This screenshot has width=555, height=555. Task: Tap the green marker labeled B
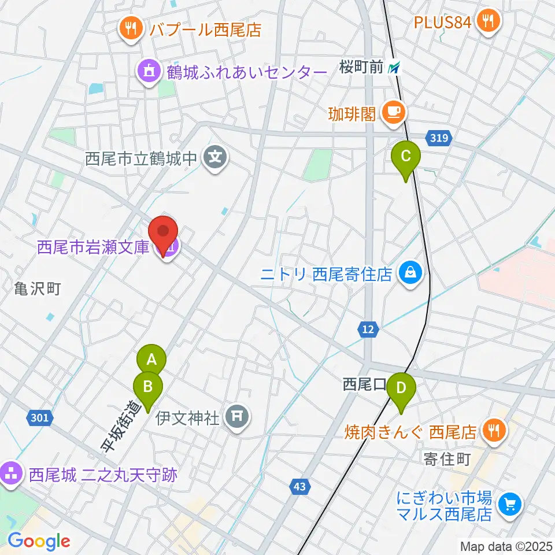pyautogui.click(x=148, y=386)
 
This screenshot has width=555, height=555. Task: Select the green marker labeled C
pyautogui.click(x=406, y=157)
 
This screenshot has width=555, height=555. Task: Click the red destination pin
pyautogui.click(x=164, y=232)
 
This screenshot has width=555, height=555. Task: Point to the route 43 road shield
pyautogui.click(x=299, y=487)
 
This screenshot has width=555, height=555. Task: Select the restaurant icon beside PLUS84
pyautogui.click(x=489, y=21)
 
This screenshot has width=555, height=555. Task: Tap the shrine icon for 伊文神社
pyautogui.click(x=237, y=416)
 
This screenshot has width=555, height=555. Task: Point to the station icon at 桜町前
pyautogui.click(x=394, y=68)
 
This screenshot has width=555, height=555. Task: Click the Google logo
pyautogui.click(x=39, y=541)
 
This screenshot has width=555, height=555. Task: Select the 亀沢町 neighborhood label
pyautogui.click(x=38, y=289)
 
